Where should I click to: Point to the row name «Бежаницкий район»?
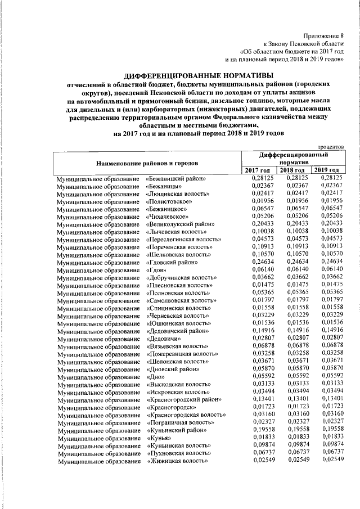point(175,179)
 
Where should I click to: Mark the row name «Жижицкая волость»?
point(177,461)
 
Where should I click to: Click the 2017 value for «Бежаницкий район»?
point(258,178)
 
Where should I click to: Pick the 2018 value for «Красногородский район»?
point(293,399)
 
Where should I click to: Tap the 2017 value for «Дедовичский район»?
point(258,330)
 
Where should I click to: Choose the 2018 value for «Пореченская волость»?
point(293,246)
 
